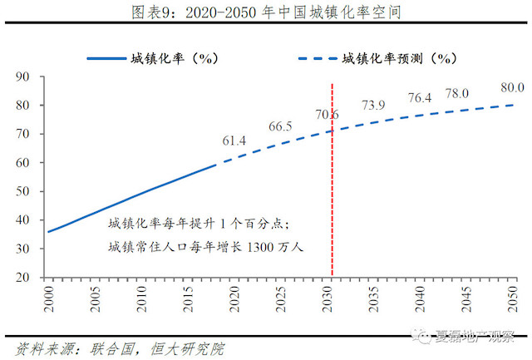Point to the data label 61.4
click(234, 141)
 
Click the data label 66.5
click(281, 127)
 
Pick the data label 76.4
click(420, 98)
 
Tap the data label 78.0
click(458, 93)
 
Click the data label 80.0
click(511, 87)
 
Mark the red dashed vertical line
click(332, 208)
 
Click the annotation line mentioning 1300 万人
click(207, 247)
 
